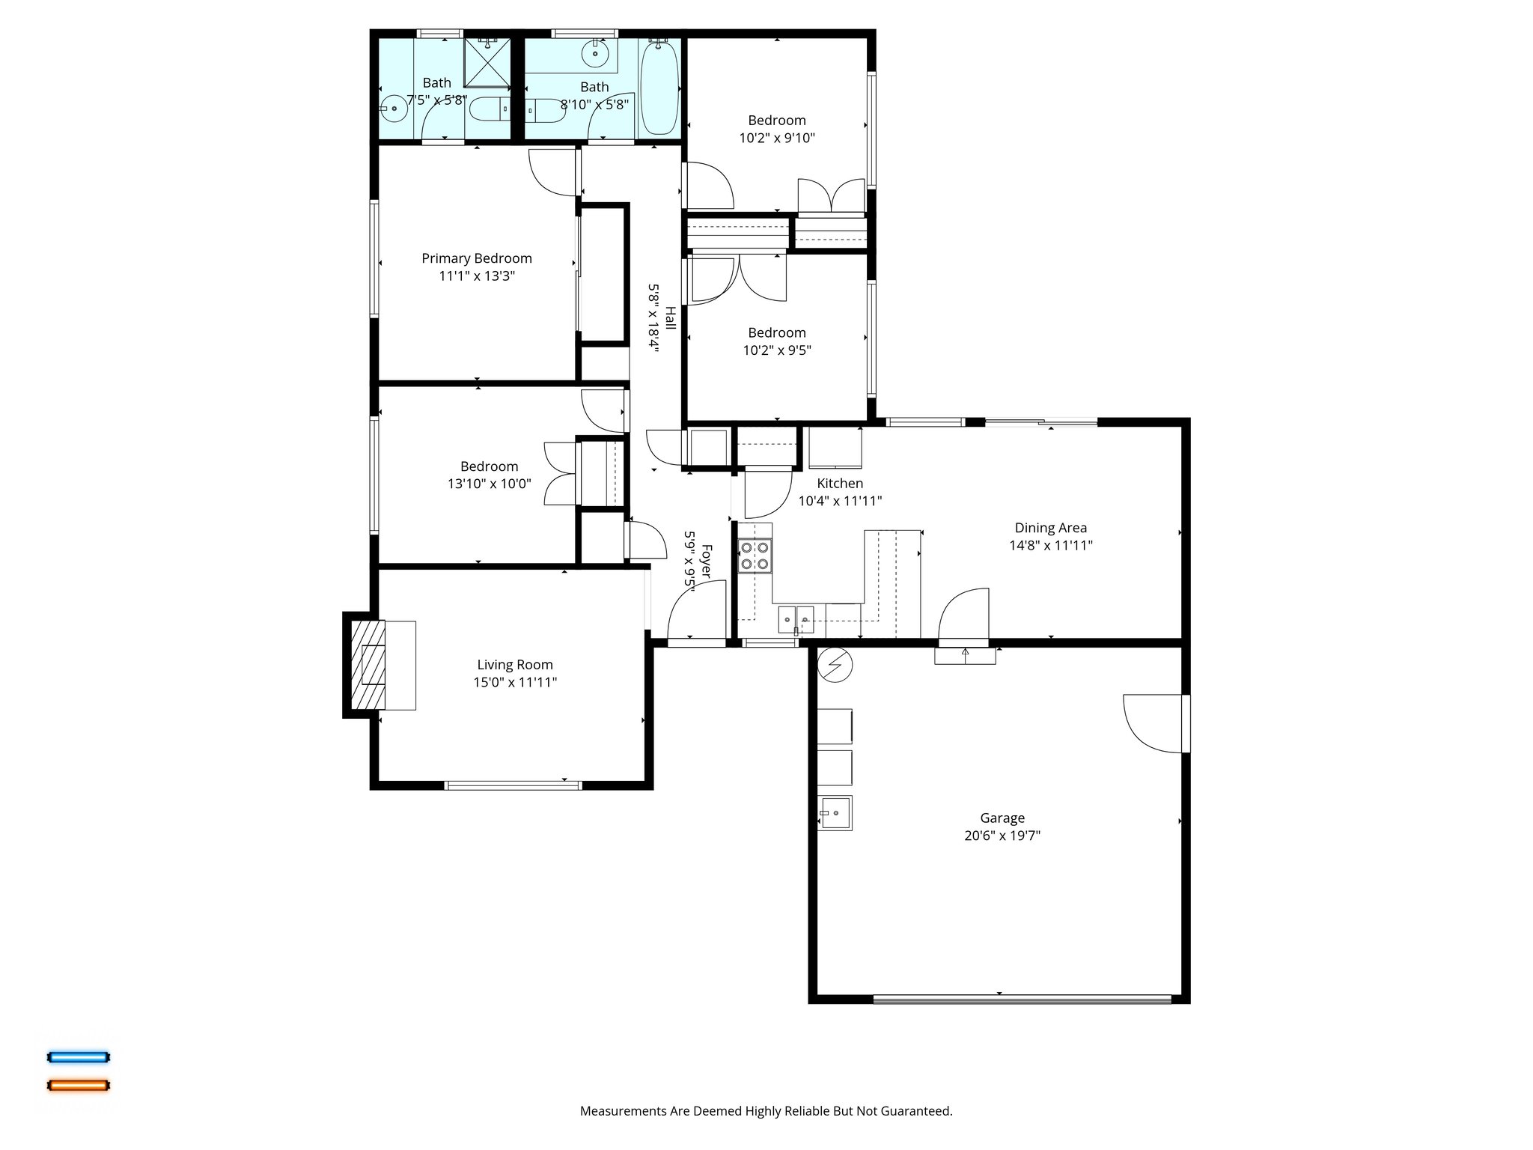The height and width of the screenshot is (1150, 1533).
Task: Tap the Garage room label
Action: click(1002, 818)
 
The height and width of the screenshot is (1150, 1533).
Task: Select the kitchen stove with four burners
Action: click(755, 556)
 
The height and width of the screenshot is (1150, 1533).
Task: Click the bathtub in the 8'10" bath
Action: click(659, 88)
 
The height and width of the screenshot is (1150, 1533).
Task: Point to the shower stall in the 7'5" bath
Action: click(487, 62)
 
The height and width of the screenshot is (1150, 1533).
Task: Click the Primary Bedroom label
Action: click(476, 258)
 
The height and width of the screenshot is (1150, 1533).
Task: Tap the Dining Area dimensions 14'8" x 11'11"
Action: click(1050, 546)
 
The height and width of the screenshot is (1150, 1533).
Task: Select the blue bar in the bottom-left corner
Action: click(79, 1057)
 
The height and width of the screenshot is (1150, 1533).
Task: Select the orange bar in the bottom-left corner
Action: click(79, 1085)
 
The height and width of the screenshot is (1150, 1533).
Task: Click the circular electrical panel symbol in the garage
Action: click(835, 664)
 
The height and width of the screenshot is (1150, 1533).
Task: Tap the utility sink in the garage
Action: click(834, 813)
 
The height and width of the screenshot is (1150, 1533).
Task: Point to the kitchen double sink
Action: click(796, 619)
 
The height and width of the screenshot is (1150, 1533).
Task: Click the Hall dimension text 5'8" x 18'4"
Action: click(653, 318)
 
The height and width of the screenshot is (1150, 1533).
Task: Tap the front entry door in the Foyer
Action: click(697, 614)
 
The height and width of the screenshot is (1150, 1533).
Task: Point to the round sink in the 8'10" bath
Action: click(595, 53)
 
